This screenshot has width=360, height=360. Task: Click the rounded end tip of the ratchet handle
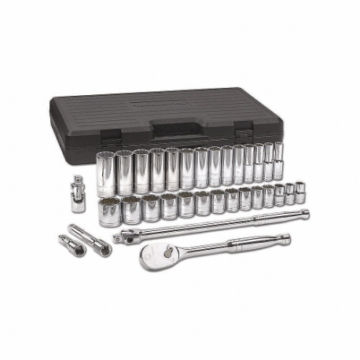286,237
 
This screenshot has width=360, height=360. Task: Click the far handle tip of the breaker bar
305,212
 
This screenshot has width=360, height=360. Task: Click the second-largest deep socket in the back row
123,171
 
